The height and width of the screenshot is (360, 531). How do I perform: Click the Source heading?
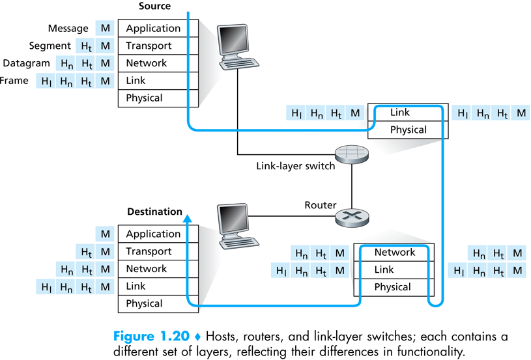[155, 6]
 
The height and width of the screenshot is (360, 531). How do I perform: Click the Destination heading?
[155, 212]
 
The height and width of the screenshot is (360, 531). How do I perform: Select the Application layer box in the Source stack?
[158, 28]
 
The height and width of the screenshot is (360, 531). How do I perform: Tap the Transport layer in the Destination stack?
[158, 251]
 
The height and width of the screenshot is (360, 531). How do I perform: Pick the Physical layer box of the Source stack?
[158, 98]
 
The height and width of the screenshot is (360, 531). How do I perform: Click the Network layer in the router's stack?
[394, 253]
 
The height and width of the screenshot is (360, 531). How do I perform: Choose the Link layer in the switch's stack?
[408, 112]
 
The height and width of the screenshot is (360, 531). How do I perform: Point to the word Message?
[68, 28]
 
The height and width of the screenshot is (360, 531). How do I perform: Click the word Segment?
[50, 46]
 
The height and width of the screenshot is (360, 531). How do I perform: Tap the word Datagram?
[26, 63]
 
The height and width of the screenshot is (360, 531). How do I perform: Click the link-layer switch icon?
[352, 155]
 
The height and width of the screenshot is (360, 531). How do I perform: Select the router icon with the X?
[352, 217]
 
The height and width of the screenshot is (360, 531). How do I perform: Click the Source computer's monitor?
[233, 40]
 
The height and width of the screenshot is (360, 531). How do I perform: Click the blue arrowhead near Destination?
[188, 218]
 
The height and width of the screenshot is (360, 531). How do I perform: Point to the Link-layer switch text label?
[296, 166]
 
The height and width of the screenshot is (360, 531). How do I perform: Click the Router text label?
[321, 205]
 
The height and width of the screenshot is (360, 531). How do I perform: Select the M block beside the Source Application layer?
[105, 28]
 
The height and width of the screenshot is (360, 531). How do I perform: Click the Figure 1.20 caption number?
[151, 337]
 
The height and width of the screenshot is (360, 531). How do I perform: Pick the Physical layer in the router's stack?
[394, 287]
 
